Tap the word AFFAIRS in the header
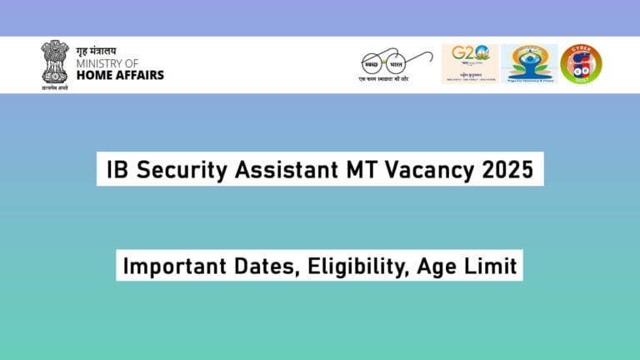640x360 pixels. coord(139,75)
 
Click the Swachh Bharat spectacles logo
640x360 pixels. coord(394,63)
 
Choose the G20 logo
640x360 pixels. coord(469,63)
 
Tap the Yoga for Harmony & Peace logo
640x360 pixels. coord(528,63)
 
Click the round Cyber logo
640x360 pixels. coord(581,63)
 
